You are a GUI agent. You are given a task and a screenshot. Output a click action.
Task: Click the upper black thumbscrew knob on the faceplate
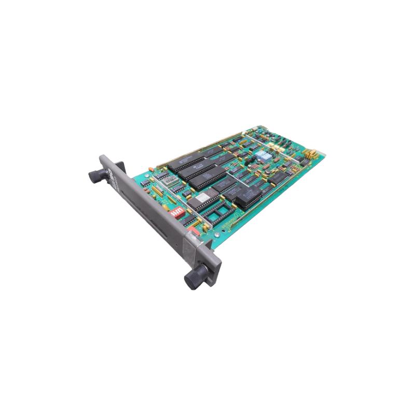coord(98,175)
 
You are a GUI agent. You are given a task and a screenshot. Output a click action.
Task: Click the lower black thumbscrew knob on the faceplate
coord(196,278)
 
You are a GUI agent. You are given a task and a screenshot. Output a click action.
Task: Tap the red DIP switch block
coord(177,212)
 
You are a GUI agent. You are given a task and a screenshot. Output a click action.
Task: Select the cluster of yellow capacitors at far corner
coord(311,154)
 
